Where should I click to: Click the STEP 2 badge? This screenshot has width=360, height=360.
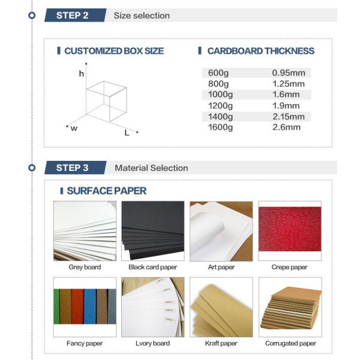pyautogui.click(x=72, y=16)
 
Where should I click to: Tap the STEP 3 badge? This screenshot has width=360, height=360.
pyautogui.click(x=72, y=168)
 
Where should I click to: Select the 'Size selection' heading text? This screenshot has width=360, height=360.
pyautogui.click(x=142, y=16)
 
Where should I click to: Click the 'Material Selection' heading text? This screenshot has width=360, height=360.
pyautogui.click(x=151, y=168)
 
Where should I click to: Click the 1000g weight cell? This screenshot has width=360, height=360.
pyautogui.click(x=220, y=95)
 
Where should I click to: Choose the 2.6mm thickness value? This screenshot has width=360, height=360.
pyautogui.click(x=286, y=127)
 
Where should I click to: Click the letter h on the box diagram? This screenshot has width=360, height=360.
pyautogui.click(x=81, y=74)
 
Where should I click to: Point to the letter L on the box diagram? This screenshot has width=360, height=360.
pyautogui.click(x=127, y=133)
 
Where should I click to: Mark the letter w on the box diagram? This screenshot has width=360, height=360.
pyautogui.click(x=74, y=128)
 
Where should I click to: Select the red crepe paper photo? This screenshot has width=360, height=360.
pyautogui.click(x=290, y=231)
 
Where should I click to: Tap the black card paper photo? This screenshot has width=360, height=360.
pyautogui.click(x=153, y=231)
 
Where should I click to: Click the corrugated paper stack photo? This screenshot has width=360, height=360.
pyautogui.click(x=290, y=307)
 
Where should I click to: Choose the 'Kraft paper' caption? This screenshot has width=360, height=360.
pyautogui.click(x=221, y=344)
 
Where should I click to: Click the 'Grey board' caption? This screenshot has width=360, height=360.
pyautogui.click(x=85, y=268)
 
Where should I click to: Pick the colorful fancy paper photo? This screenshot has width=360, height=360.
pyautogui.click(x=85, y=307)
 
